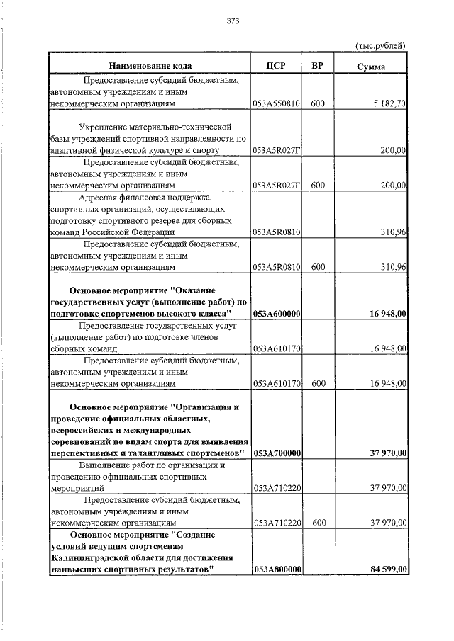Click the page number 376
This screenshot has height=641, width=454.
(x=233, y=21)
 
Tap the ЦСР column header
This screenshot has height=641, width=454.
(x=276, y=66)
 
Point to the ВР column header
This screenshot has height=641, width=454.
(x=317, y=66)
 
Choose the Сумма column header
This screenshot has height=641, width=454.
(x=371, y=67)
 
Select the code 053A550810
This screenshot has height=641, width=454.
(x=277, y=104)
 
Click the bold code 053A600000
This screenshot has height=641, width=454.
(x=277, y=313)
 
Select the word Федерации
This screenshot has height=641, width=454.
(x=149, y=232)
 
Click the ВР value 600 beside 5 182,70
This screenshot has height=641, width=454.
(x=317, y=104)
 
